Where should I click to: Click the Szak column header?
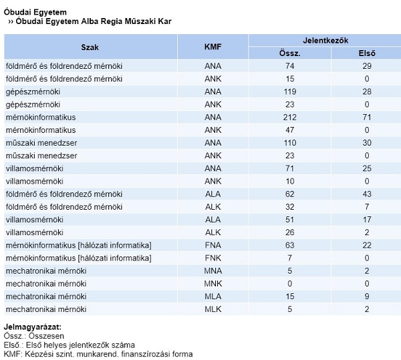(90, 47)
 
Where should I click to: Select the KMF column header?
(213, 47)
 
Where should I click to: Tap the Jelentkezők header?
(325, 41)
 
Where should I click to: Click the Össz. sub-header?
(290, 53)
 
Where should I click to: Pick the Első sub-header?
(367, 53)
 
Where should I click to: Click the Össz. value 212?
(290, 118)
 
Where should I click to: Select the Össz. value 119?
(290, 92)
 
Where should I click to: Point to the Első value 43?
(367, 194)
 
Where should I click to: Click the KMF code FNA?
(213, 245)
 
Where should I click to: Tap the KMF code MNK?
(213, 284)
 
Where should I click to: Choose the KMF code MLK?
(213, 309)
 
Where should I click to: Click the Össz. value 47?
(290, 130)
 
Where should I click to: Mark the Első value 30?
(367, 143)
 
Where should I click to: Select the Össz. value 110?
(290, 143)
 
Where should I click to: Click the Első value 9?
(367, 297)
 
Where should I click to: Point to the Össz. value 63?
(290, 245)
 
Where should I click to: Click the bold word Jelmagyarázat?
(33, 327)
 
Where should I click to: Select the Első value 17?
(367, 220)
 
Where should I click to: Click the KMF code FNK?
(213, 258)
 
